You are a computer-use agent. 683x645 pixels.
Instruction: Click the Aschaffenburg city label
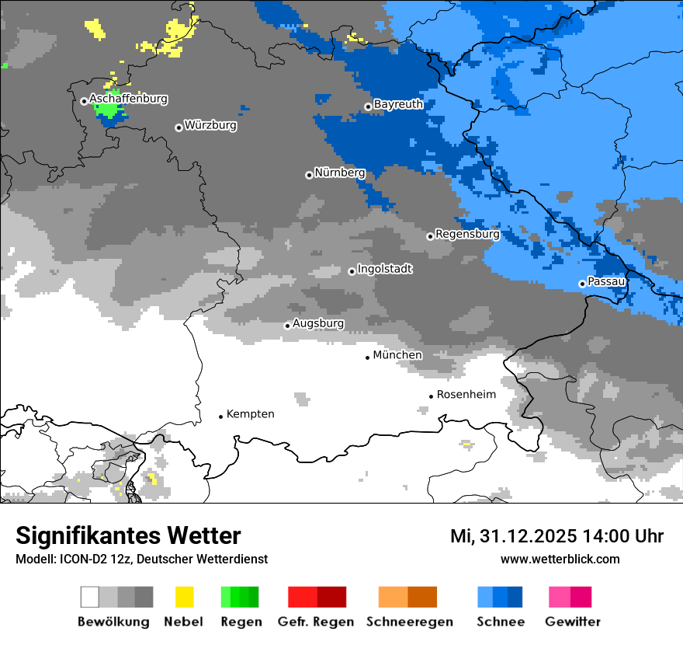(128, 99)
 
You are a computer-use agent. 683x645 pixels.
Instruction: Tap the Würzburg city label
(210, 125)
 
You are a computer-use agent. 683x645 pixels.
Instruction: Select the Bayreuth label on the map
(398, 104)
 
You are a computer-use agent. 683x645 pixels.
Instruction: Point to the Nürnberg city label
(339, 173)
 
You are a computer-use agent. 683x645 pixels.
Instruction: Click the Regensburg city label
(467, 234)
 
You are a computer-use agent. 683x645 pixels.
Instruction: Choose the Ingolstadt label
(385, 269)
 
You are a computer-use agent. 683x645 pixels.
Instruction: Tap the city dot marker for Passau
(582, 284)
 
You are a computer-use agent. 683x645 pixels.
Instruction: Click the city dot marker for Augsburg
(287, 326)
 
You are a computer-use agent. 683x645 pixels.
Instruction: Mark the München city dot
(368, 357)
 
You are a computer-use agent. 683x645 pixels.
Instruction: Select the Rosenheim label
(466, 395)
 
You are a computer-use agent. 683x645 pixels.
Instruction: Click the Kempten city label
(250, 414)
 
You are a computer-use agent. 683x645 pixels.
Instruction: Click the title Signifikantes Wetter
(128, 536)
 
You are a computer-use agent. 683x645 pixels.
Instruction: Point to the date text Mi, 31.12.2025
(511, 536)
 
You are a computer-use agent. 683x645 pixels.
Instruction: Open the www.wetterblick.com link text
(560, 559)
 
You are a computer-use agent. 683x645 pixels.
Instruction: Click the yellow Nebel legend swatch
(184, 597)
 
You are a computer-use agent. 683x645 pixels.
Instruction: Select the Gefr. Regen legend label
(316, 622)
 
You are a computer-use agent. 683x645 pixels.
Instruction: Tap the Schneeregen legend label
(410, 622)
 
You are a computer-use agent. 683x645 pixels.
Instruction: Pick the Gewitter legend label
(573, 622)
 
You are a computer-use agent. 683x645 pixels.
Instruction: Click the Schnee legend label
(500, 622)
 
